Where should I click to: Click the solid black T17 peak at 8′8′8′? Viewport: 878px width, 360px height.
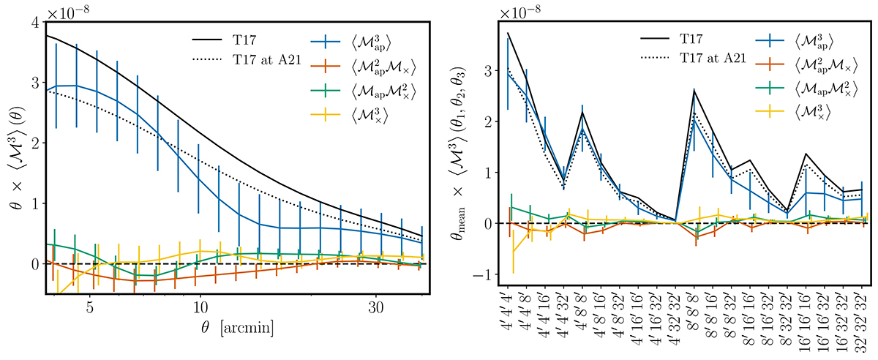694,90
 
